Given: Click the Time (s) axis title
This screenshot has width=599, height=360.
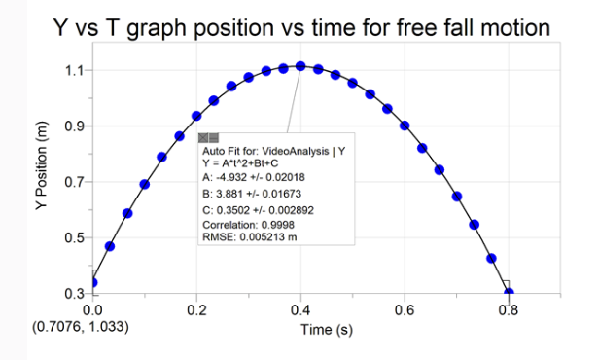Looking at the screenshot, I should coord(326,330).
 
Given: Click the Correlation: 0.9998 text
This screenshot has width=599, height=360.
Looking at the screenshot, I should coord(248,224).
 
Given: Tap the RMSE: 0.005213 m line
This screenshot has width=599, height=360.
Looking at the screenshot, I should coord(249,236).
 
